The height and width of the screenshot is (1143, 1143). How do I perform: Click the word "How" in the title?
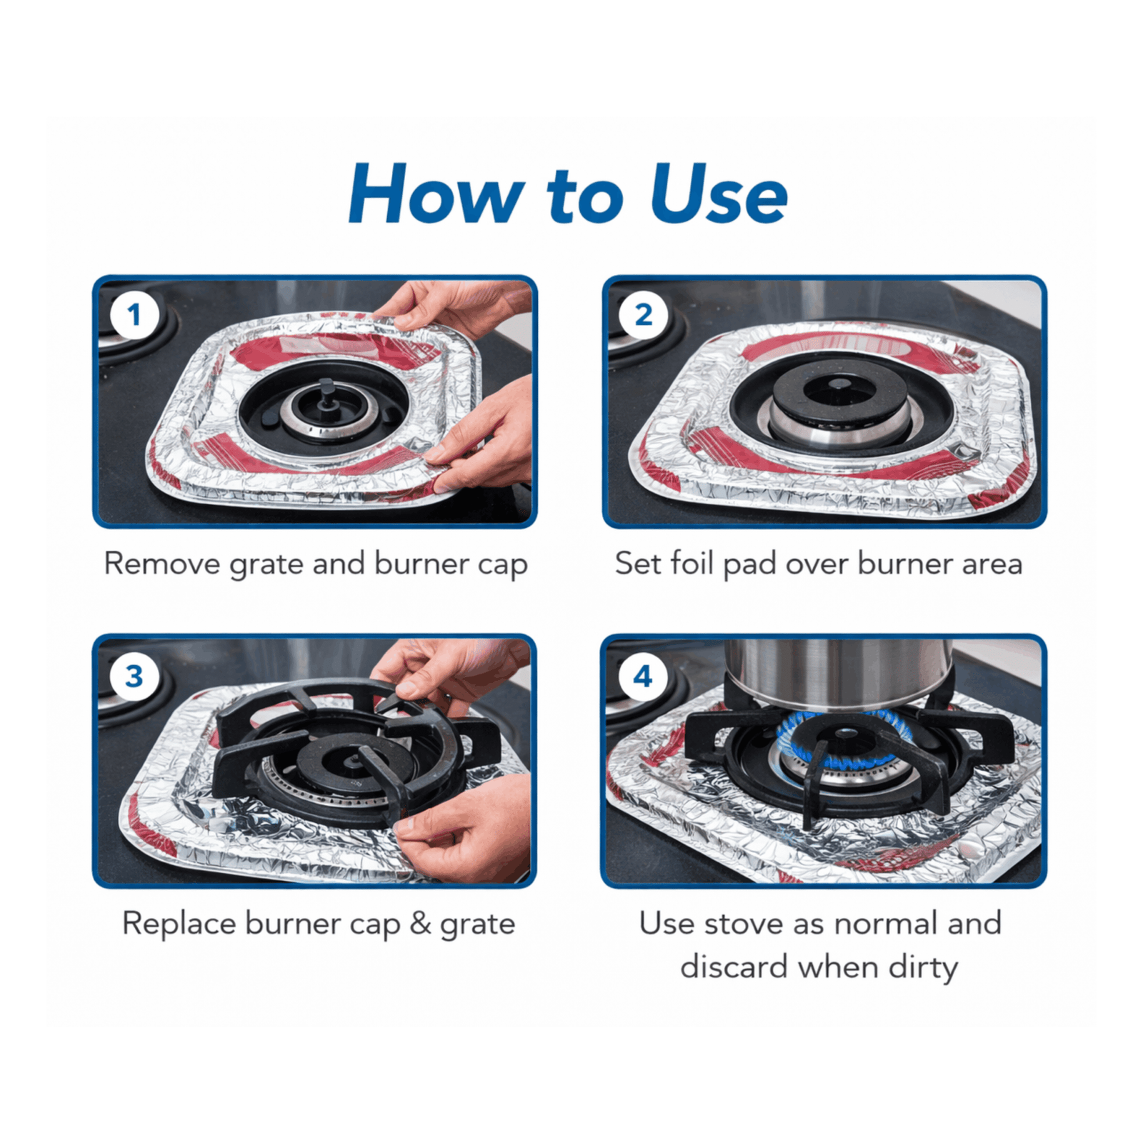tap(436, 194)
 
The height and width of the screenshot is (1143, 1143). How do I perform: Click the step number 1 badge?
tap(134, 315)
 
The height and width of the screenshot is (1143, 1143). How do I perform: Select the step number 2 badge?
tap(644, 315)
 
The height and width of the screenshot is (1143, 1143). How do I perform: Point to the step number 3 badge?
tap(134, 676)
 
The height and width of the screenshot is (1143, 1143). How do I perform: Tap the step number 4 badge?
tap(643, 676)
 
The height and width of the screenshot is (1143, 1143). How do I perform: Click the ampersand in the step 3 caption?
tap(421, 923)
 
